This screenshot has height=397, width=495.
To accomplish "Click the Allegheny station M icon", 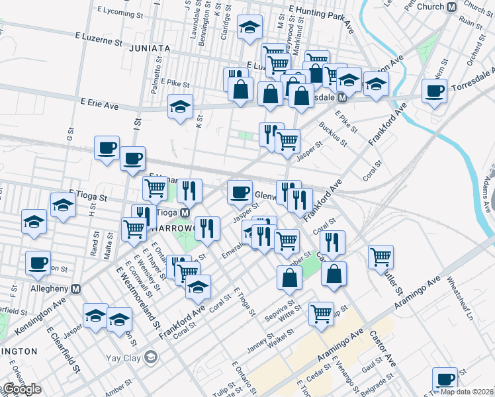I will point(76,288).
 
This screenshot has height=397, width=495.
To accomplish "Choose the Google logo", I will point(22,390).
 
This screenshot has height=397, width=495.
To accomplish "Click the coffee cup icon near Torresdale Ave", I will point(435,91).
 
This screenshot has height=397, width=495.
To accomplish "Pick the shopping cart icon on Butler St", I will point(381,257).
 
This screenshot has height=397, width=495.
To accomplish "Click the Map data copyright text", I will point(467,391).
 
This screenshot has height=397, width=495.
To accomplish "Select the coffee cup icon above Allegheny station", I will point(38,263).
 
